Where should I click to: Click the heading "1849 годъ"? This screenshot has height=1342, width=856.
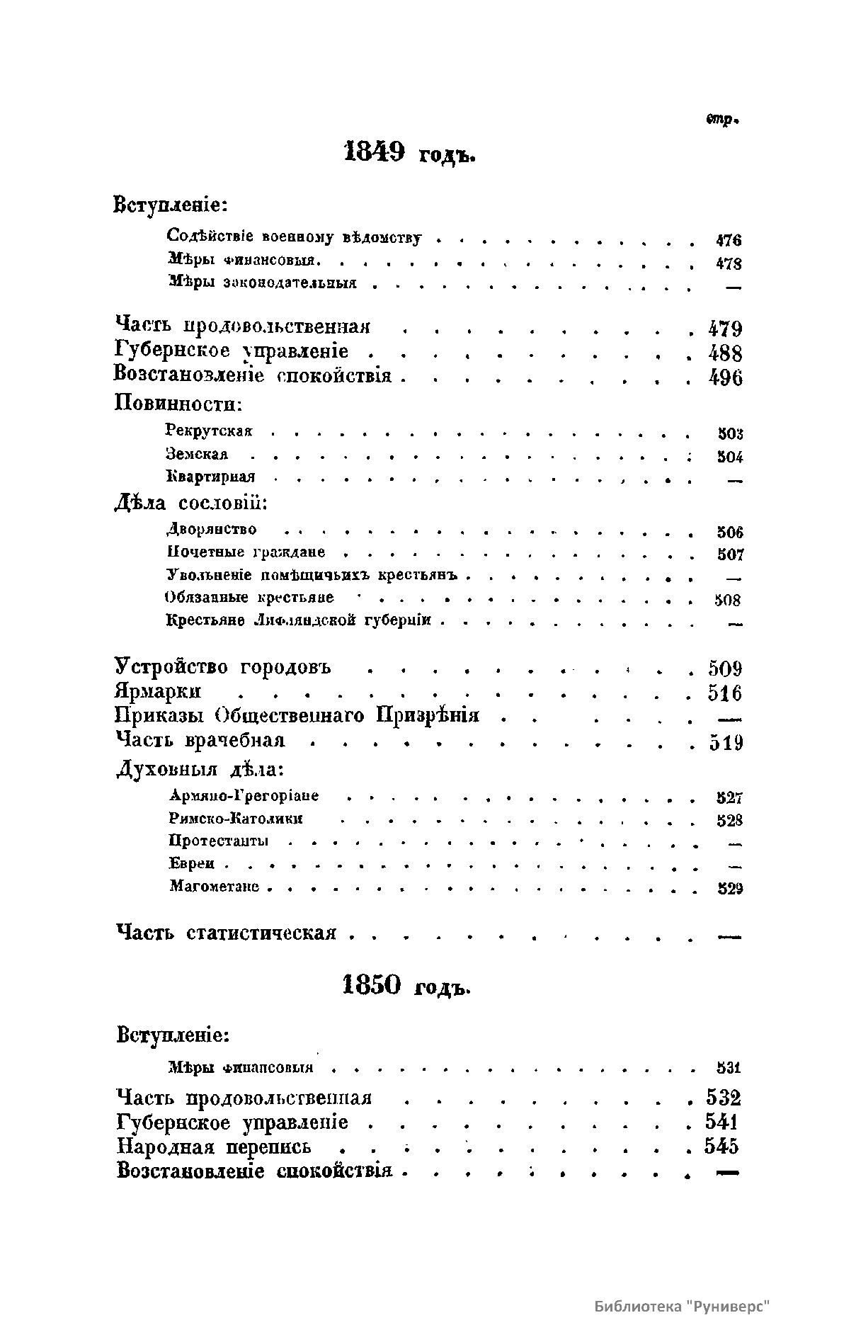point(409,154)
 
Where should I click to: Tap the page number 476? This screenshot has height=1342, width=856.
point(729,241)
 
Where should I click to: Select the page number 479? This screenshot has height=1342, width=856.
point(725,329)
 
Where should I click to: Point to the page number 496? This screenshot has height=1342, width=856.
point(725,377)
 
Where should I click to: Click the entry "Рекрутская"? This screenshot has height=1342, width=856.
point(209,431)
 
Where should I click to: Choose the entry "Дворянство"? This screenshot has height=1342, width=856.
point(212,529)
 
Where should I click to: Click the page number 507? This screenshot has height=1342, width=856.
point(730,555)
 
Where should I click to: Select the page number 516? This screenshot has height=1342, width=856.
point(724,693)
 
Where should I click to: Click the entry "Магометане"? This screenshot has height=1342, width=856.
point(215,887)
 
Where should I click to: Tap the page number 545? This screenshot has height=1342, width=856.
point(721,1146)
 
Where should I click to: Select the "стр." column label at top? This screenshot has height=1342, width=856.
point(722,120)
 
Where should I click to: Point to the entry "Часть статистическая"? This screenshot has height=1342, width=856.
point(226,933)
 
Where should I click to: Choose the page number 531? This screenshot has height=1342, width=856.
point(729,1067)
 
